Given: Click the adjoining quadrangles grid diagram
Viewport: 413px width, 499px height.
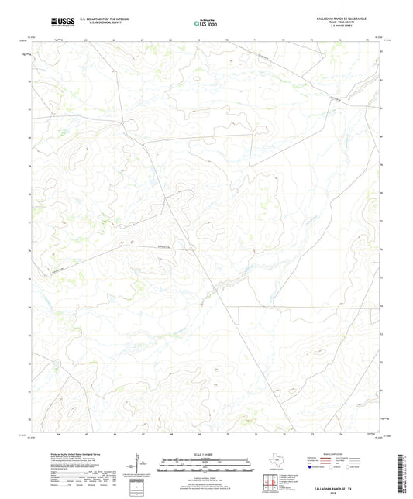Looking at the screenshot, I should tap(270, 483).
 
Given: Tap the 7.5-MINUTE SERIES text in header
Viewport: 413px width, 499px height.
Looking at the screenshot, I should tap(346, 28).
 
